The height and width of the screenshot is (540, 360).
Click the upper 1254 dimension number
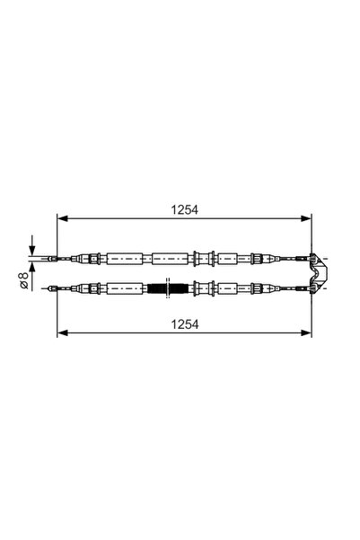(x=183, y=209)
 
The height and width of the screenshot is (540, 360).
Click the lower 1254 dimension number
(x=183, y=321)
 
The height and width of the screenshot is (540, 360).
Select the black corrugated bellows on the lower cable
(x=159, y=288)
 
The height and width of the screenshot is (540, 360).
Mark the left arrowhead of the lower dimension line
(x=62, y=332)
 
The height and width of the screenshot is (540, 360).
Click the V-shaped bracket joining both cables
(x=316, y=272)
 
